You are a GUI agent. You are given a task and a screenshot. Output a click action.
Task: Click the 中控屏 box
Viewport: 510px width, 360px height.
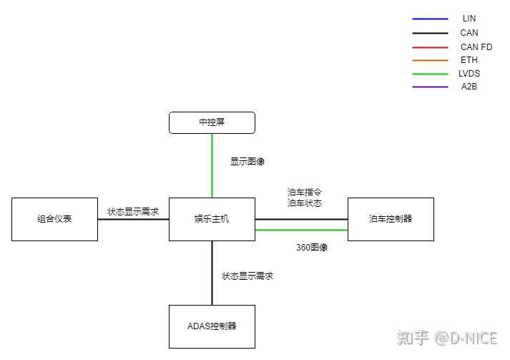coord(212,122)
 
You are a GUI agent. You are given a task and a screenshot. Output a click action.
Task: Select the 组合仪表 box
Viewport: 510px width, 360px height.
coord(54,219)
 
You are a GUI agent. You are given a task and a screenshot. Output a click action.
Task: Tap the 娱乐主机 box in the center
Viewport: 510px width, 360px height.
coord(212,219)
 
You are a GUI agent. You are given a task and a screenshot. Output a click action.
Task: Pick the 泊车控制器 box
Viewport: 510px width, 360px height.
coord(391,219)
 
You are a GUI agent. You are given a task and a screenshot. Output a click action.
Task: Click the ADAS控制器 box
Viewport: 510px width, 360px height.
coord(212,326)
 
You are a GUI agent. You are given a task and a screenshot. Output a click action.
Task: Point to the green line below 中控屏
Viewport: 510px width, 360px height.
coord(212,165)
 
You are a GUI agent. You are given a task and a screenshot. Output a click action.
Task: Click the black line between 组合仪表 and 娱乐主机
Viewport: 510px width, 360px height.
coord(133,219)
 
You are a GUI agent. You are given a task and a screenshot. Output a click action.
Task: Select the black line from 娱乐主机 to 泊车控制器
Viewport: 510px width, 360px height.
coord(301,219)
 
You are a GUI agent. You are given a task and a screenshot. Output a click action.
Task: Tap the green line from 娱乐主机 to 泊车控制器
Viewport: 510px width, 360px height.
coord(301,230)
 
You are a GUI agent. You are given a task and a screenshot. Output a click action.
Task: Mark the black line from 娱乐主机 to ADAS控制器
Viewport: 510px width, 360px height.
coord(212,273)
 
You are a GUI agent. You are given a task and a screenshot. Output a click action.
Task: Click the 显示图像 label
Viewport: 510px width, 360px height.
coord(247,162)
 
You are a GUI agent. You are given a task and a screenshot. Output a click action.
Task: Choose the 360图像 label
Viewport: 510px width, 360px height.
coord(312,248)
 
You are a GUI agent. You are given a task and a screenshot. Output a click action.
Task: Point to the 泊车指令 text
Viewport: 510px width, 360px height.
coord(305,193)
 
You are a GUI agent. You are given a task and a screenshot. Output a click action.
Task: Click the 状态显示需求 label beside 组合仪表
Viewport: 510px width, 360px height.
coord(133,212)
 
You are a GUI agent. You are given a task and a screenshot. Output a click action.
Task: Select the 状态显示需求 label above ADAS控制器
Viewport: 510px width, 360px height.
coord(247,276)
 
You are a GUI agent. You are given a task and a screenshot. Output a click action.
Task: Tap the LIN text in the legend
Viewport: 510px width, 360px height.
coord(469,19)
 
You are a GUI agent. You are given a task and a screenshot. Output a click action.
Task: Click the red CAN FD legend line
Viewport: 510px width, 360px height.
coord(430,47)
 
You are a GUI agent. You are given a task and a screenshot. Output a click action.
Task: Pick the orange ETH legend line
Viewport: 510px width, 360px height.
coord(430,60)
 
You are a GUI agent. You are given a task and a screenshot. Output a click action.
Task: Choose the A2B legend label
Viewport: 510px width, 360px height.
coord(469,87)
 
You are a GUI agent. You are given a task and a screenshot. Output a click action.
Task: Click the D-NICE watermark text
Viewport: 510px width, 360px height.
coord(473,337)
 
